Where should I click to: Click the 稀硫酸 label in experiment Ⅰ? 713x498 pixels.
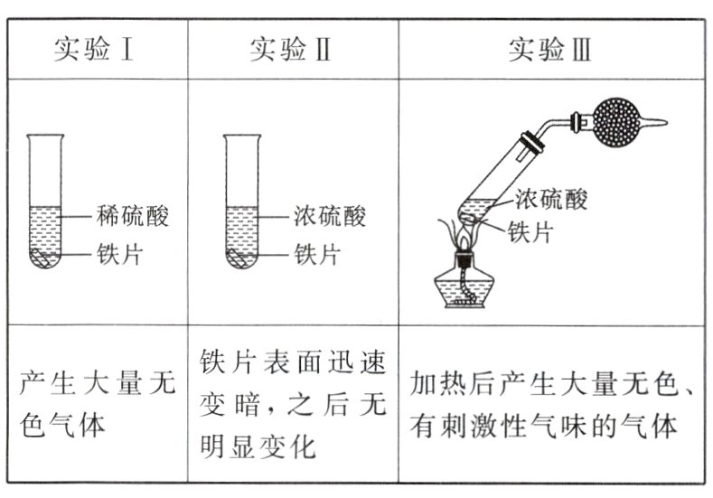coord(133,215)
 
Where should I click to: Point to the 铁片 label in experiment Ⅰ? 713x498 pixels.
coord(119,253)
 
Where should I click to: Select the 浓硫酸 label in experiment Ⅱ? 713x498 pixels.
coord(330,215)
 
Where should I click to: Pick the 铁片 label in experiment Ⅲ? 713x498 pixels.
coord(530,231)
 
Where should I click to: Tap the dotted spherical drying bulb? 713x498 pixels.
coord(620,117)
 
